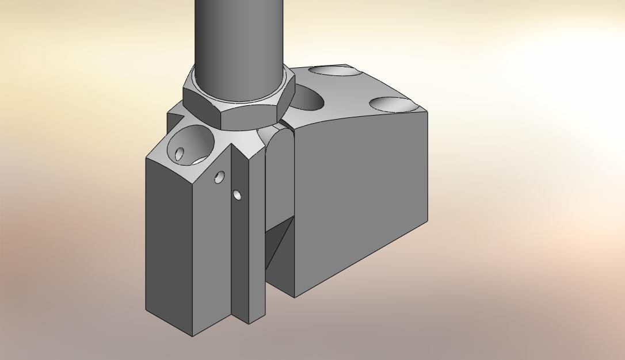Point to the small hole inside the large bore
click(x=180, y=154)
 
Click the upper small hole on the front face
click(x=219, y=177)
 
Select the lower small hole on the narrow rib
click(x=237, y=196)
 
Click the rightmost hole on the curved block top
click(x=392, y=105)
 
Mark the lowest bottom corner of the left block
click(x=193, y=336)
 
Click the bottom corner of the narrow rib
click(x=249, y=324)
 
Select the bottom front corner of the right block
click(x=295, y=297)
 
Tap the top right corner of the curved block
click(x=427, y=112)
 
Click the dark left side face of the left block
click(x=168, y=242)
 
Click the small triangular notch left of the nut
click(x=174, y=119)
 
